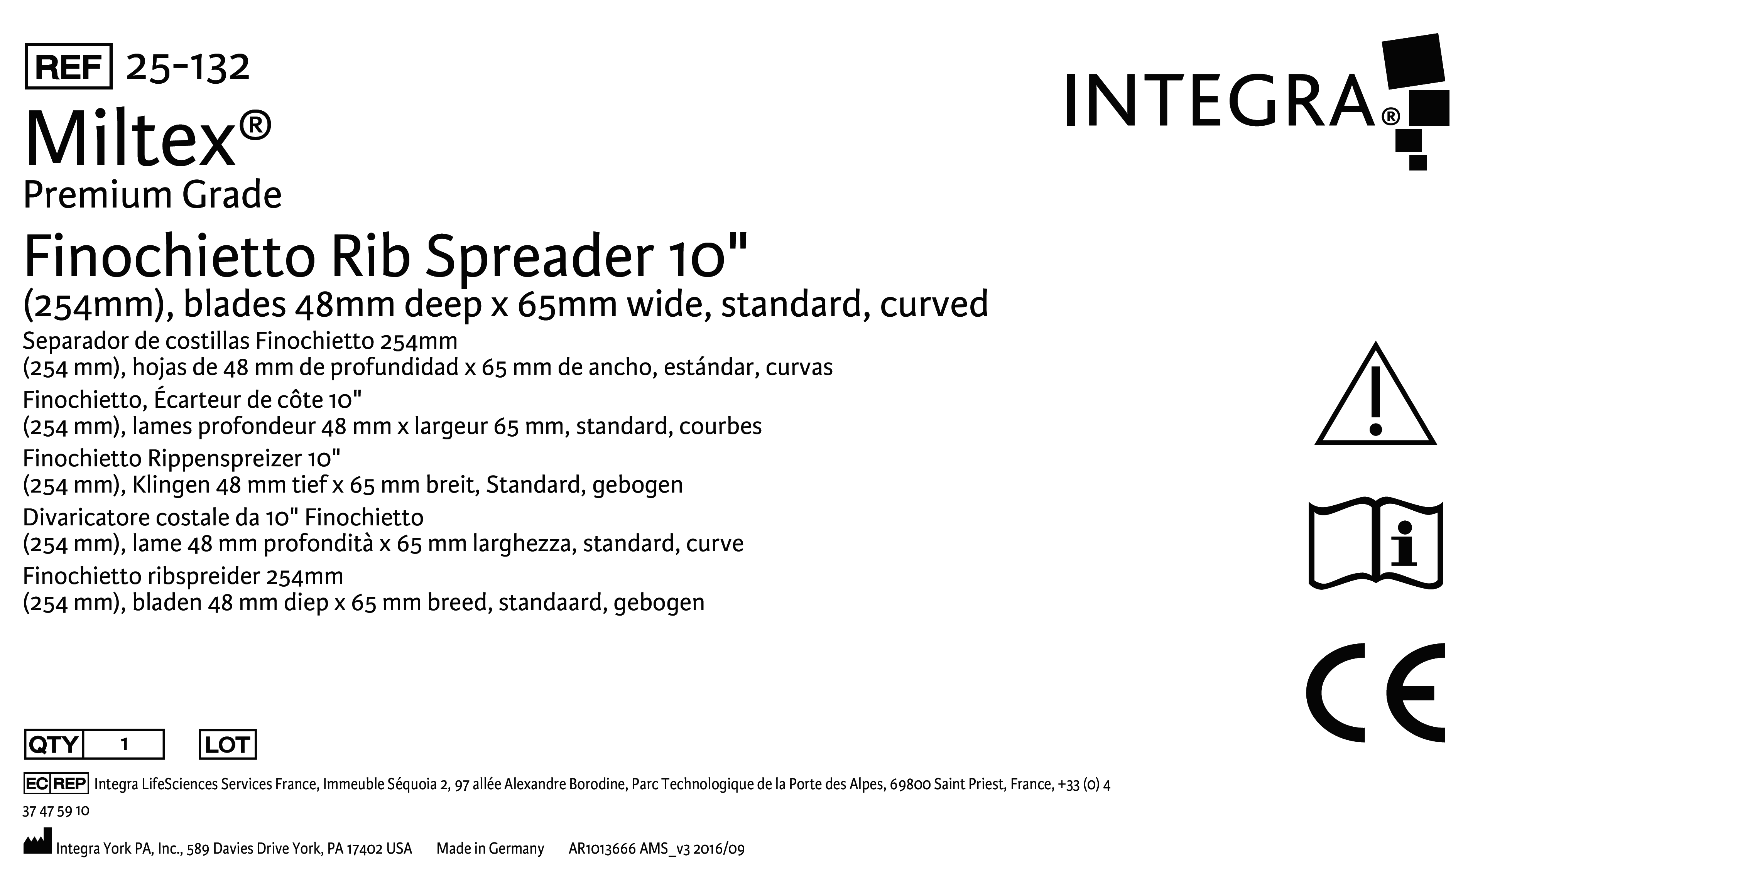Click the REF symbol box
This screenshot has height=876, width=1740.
click(68, 66)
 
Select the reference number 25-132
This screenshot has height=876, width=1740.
click(188, 67)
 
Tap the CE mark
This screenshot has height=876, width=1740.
click(1375, 692)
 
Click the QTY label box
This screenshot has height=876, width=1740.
click(53, 745)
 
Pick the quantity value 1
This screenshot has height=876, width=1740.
click(124, 745)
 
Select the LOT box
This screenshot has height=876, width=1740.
click(228, 745)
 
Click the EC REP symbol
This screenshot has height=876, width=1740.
click(56, 783)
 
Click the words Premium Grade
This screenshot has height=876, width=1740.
click(153, 195)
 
